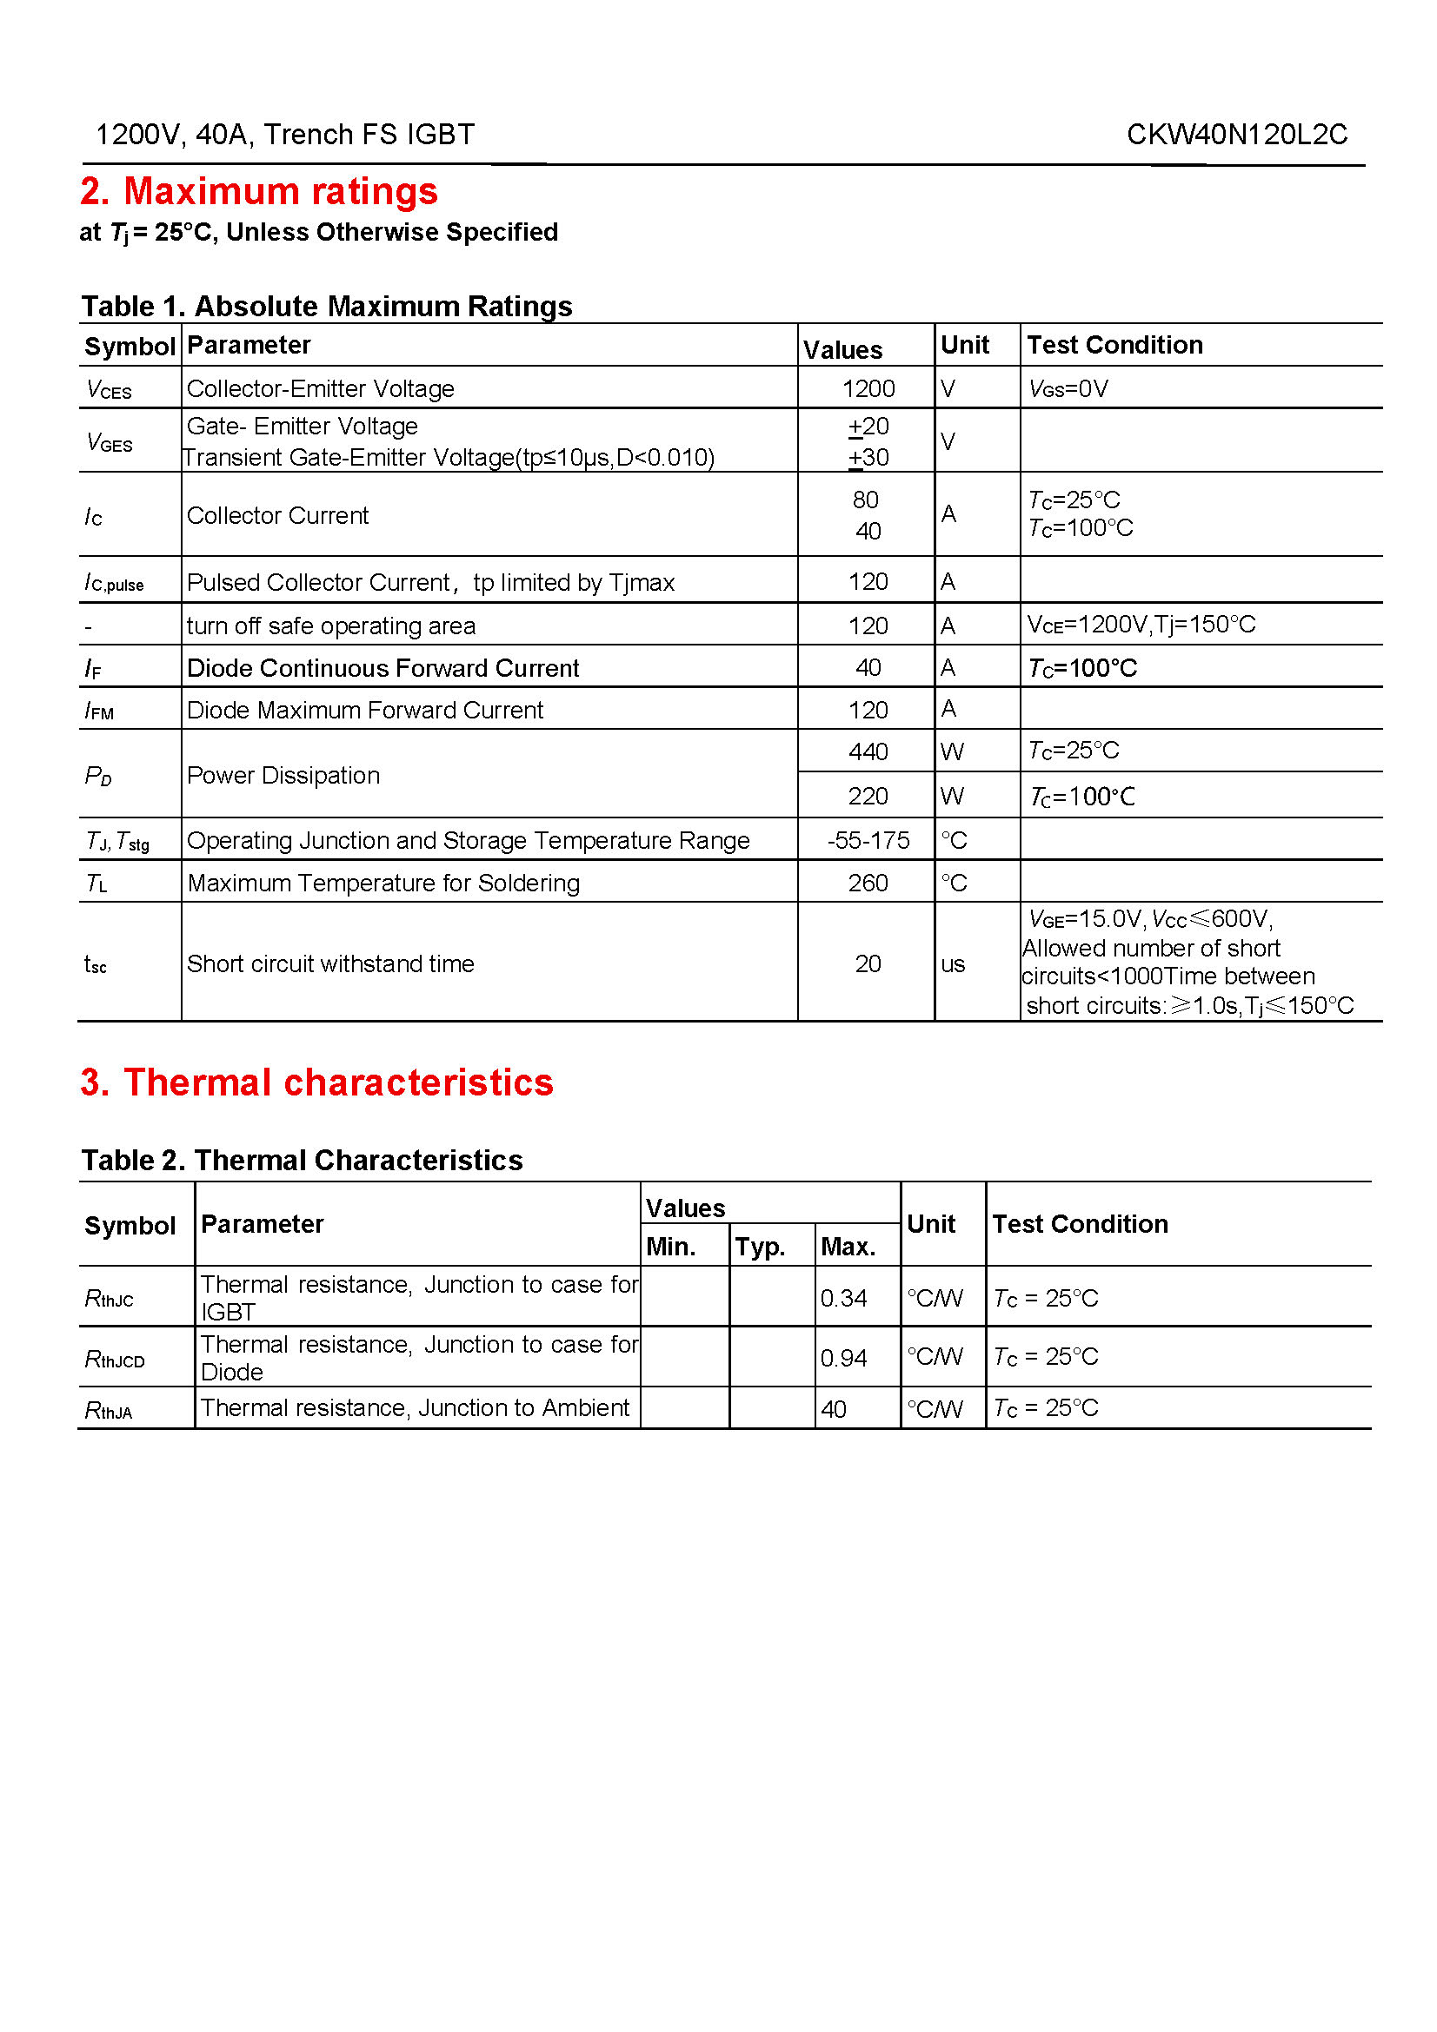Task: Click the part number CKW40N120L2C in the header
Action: (x=1236, y=135)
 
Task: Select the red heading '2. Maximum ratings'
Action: (x=258, y=191)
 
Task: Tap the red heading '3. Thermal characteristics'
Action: (x=316, y=1082)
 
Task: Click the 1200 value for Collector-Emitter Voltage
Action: (x=868, y=388)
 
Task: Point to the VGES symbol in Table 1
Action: (x=109, y=441)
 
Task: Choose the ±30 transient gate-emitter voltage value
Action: (x=868, y=458)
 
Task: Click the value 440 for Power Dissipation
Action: (x=868, y=751)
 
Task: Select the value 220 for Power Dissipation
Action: (x=868, y=796)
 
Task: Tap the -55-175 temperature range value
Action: (x=868, y=840)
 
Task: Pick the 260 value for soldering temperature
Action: (x=868, y=883)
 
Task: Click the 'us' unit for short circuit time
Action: (x=953, y=963)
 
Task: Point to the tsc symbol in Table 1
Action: (x=95, y=963)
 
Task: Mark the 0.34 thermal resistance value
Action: (x=843, y=1298)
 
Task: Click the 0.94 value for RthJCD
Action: (x=843, y=1358)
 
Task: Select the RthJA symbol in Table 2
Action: (x=108, y=1410)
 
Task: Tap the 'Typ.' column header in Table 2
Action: (x=760, y=1246)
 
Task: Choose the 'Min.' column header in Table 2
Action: (x=670, y=1246)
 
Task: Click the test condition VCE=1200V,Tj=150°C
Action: (x=1141, y=625)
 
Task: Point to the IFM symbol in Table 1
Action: (x=99, y=711)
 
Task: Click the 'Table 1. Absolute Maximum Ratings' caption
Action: (x=327, y=306)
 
